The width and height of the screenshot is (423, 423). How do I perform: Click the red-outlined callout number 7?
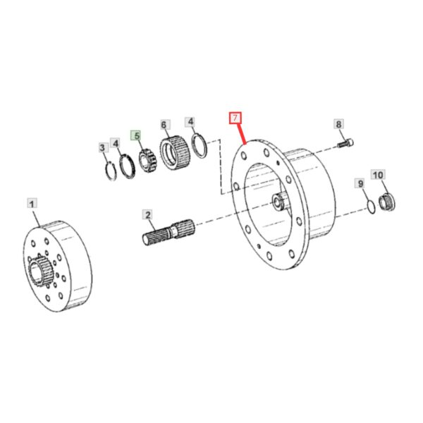click(235, 118)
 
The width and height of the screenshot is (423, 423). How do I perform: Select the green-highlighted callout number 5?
click(137, 135)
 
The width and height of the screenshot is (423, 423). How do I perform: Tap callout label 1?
click(32, 204)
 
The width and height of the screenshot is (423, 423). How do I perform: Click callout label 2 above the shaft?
click(148, 215)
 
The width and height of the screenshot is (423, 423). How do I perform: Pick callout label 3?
click(102, 147)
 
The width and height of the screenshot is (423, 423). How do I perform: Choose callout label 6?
click(164, 125)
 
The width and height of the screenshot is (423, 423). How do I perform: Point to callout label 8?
click(338, 124)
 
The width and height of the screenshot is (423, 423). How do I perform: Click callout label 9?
click(360, 183)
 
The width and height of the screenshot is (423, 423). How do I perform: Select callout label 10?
click(378, 175)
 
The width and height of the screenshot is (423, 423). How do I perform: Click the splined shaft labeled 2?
click(168, 232)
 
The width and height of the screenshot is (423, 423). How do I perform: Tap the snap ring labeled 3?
click(110, 171)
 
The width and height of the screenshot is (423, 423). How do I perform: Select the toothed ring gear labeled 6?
click(175, 153)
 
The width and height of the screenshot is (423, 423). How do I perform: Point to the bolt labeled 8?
click(345, 142)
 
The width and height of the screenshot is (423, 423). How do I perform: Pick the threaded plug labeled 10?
click(387, 202)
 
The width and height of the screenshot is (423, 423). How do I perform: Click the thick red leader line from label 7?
click(242, 134)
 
